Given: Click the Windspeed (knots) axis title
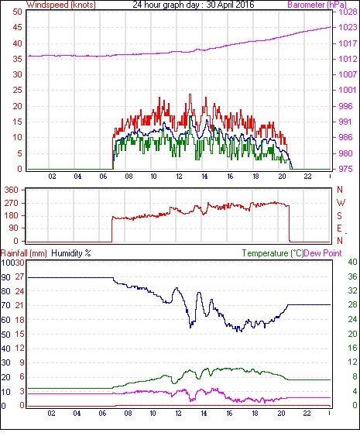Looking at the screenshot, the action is pyautogui.click(x=61, y=5).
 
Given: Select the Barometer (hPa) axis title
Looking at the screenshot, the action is pyautogui.click(x=317, y=5).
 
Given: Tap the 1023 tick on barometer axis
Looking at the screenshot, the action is pyautogui.click(x=348, y=27).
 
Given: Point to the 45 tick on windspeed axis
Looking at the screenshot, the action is pyautogui.click(x=17, y=27).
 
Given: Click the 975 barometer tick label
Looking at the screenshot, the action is pyautogui.click(x=345, y=169).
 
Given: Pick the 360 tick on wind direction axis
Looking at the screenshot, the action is pyautogui.click(x=12, y=191).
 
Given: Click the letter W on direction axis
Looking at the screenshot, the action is pyautogui.click(x=341, y=203).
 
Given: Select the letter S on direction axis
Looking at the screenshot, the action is pyautogui.click(x=339, y=215).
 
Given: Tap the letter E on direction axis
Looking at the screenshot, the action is pyautogui.click(x=339, y=228).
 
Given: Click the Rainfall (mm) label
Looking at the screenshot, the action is pyautogui.click(x=24, y=253).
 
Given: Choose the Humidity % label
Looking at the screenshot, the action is pyautogui.click(x=71, y=253).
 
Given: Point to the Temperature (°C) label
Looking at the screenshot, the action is pyautogui.click(x=273, y=253).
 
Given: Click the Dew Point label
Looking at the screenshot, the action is pyautogui.click(x=323, y=253).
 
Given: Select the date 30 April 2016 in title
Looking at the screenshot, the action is pyautogui.click(x=230, y=5).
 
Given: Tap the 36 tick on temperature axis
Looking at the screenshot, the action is pyautogui.click(x=352, y=276).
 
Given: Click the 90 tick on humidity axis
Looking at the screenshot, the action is pyautogui.click(x=6, y=277).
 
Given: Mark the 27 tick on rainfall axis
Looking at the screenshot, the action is pyautogui.click(x=19, y=276).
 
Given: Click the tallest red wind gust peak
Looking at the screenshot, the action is pyautogui.click(x=190, y=94).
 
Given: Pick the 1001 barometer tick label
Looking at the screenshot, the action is pyautogui.click(x=348, y=90).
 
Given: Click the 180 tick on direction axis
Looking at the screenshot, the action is pyautogui.click(x=12, y=215).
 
